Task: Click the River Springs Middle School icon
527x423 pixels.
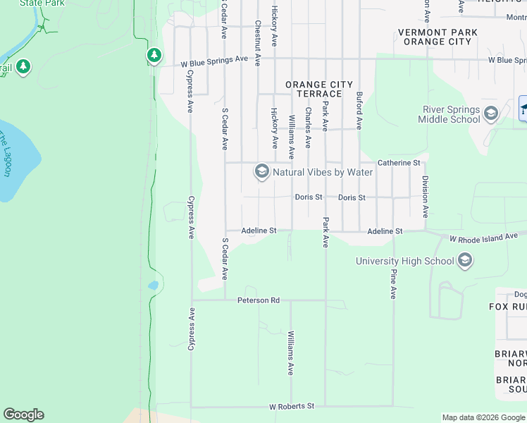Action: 491,114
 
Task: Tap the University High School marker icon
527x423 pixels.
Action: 464,262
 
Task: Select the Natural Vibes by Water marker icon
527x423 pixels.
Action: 262,172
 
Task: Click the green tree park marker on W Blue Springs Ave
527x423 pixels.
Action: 154,55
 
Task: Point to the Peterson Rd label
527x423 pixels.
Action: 259,300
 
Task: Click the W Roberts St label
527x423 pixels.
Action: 291,407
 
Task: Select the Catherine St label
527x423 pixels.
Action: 399,163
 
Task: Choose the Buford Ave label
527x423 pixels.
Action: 359,110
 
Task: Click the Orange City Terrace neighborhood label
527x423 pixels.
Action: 318,89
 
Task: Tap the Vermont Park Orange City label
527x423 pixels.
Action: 438,37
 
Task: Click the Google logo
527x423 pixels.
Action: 23,415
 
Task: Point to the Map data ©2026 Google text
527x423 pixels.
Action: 483,417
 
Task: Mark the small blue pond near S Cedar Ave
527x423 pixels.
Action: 154,286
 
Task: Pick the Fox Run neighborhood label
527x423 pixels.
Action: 508,307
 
